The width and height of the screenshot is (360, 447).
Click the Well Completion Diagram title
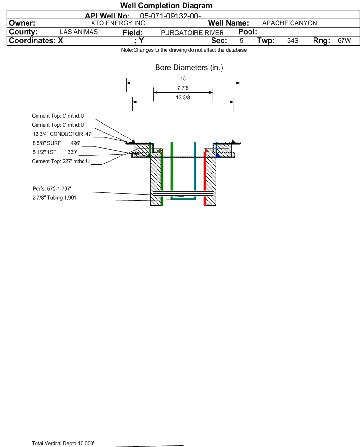coord(166,5)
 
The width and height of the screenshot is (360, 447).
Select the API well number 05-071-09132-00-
coord(170,16)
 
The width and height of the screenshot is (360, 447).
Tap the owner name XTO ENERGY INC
coord(118,23)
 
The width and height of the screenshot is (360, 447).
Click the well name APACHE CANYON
coord(289,23)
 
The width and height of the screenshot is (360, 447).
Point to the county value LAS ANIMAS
coord(79,32)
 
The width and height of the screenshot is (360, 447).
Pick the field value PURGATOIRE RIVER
coord(192,33)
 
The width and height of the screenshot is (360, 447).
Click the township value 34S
coord(293,40)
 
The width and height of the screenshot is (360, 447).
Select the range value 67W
coord(344,40)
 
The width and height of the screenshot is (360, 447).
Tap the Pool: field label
coord(248,32)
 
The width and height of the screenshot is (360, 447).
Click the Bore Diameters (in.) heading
coord(189,68)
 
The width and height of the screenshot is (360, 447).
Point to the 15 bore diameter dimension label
coord(183,78)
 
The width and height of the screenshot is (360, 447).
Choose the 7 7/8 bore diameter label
coord(183,88)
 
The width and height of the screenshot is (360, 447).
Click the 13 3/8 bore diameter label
coord(183,98)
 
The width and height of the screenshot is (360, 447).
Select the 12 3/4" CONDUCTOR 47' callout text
coord(63,134)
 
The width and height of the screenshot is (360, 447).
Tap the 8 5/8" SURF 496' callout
coord(56,143)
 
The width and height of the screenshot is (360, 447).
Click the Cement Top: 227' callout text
coord(61,161)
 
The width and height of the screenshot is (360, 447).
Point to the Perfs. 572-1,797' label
coord(52,189)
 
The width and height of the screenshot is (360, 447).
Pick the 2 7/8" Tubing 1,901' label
coord(55,198)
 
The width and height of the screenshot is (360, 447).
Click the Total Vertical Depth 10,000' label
coord(63,443)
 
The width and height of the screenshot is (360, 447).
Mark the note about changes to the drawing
coord(184,50)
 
